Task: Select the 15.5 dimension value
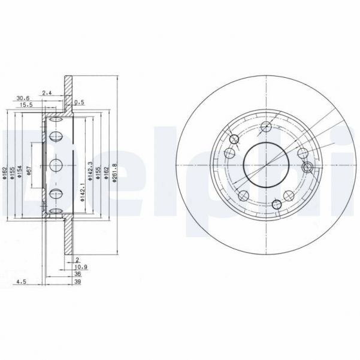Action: [26, 105]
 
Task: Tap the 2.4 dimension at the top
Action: [48, 93]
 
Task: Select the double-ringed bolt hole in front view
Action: [308, 167]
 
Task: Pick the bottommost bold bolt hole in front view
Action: [277, 205]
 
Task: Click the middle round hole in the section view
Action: [55, 165]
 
